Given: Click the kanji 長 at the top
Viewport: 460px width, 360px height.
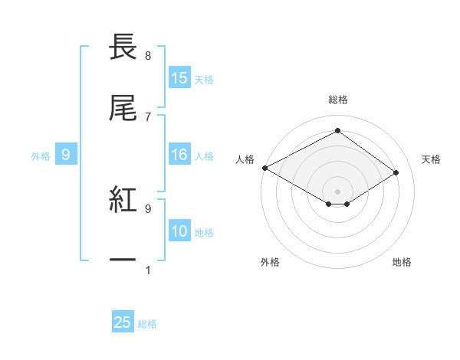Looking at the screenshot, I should [x=123, y=47].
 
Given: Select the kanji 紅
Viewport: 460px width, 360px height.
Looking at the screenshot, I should [x=123, y=199].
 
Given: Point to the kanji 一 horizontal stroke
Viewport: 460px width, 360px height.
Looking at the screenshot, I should [x=123, y=260].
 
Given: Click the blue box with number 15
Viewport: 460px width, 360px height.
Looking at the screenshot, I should [x=179, y=78].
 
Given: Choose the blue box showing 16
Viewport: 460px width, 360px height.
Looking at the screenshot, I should [x=179, y=155].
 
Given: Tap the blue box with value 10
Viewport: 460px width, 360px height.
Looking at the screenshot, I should [x=179, y=231].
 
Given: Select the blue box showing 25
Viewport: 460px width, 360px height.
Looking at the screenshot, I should [x=123, y=323].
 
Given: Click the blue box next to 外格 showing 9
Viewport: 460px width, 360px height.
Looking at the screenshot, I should [x=66, y=155].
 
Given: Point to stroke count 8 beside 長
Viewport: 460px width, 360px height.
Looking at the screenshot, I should [x=148, y=56].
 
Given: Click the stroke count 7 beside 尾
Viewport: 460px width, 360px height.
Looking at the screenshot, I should [x=148, y=116].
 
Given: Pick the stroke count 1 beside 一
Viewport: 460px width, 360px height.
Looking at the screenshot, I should [x=148, y=269].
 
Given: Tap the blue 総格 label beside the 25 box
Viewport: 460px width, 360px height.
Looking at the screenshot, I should [x=147, y=324].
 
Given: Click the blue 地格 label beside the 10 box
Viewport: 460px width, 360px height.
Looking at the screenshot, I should [x=204, y=232].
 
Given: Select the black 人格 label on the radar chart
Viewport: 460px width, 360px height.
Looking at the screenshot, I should [x=245, y=159].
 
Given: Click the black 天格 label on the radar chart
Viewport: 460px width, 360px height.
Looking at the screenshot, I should [x=432, y=159].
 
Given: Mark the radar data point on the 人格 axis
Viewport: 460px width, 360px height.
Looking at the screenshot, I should [x=264, y=168].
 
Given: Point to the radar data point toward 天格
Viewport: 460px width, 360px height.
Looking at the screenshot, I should [x=396, y=173].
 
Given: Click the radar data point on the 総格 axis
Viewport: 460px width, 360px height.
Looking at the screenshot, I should [x=337, y=131].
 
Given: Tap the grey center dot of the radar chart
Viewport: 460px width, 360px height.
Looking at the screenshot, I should [x=337, y=191].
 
